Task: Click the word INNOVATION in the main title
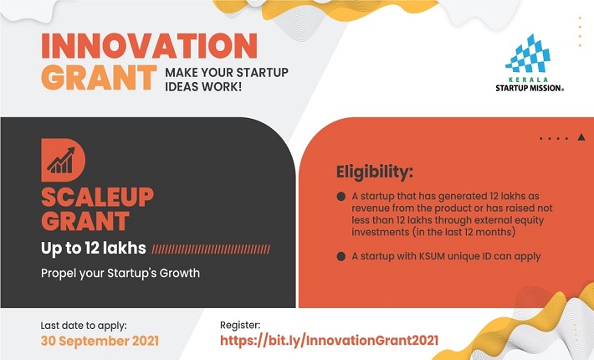(149, 46)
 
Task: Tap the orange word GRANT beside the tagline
(99, 78)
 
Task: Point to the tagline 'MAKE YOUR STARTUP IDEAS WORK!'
(227, 80)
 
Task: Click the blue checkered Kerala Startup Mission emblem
(528, 54)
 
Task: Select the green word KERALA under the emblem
(528, 80)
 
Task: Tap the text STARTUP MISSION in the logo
(530, 88)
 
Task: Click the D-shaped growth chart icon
(64, 160)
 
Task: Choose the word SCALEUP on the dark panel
(97, 197)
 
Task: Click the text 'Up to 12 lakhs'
(93, 248)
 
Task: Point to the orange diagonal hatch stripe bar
(211, 249)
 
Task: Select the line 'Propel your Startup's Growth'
(120, 273)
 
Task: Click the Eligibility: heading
(374, 172)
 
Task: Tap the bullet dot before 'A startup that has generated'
(341, 196)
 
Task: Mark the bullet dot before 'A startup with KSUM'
(341, 256)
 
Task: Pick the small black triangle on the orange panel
(581, 137)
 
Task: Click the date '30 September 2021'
(100, 341)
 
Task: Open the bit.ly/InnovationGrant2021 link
(329, 340)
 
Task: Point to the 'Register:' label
(240, 325)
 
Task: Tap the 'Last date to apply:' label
(84, 326)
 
